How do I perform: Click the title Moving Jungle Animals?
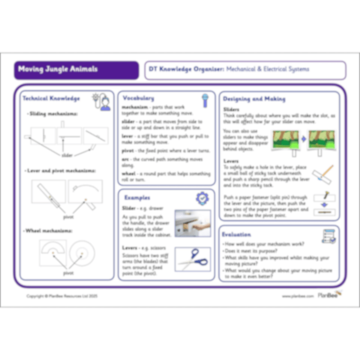(x=58, y=70)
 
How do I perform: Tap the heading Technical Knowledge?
(x=51, y=98)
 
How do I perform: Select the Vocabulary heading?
(x=138, y=98)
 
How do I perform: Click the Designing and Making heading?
(x=254, y=99)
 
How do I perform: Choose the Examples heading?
(x=137, y=198)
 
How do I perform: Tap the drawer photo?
(x=193, y=223)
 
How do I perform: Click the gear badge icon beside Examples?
(x=202, y=198)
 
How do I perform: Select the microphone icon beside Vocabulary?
(x=205, y=100)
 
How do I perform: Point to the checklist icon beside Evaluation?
(x=329, y=236)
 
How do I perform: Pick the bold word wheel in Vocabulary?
(x=129, y=174)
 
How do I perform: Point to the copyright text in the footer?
(x=62, y=296)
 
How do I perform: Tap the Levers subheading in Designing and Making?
(x=231, y=161)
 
